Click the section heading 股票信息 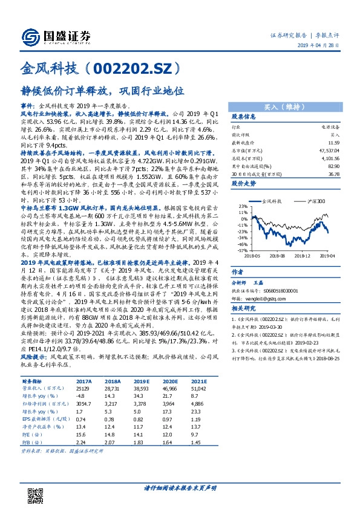246,117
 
